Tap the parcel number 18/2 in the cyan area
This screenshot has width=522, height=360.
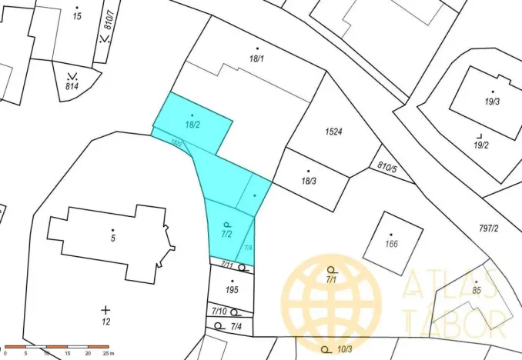(x=192, y=124)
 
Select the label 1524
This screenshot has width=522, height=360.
(x=333, y=132)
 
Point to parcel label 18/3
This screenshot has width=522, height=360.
(x=309, y=181)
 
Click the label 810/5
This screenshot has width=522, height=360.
(x=387, y=166)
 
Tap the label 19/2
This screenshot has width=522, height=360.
(x=481, y=145)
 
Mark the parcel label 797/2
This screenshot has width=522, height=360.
(x=489, y=228)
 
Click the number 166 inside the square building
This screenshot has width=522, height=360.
(x=391, y=245)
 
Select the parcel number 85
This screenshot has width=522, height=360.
(x=477, y=290)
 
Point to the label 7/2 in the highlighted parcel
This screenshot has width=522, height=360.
(x=226, y=232)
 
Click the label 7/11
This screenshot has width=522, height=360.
(x=227, y=265)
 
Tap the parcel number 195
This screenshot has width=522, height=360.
(x=232, y=290)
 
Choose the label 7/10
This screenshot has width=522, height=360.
(x=219, y=311)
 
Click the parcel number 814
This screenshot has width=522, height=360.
(x=72, y=86)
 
